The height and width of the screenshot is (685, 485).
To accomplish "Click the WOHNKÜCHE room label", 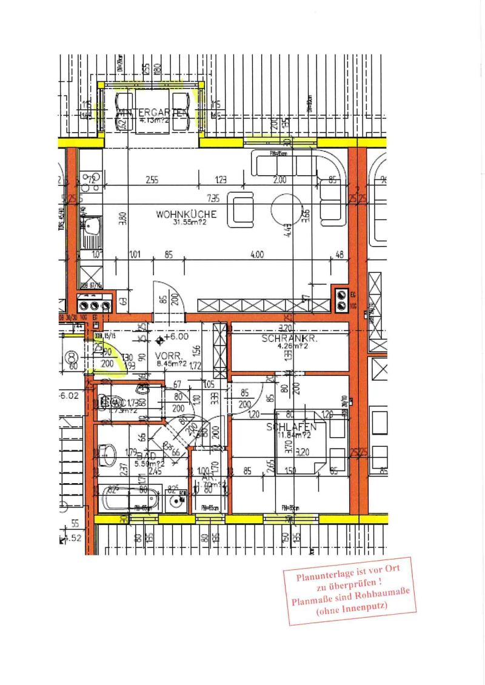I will [186, 214].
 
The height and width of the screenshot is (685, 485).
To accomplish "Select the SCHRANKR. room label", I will [290, 339].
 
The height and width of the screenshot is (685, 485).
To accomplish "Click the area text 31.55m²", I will [186, 223].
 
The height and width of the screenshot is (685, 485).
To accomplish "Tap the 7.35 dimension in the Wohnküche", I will [213, 198].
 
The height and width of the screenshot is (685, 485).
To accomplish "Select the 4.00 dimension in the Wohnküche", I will [256, 255].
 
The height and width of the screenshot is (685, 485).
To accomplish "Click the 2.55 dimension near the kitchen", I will [152, 179].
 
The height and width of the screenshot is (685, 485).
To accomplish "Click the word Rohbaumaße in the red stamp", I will [379, 600].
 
